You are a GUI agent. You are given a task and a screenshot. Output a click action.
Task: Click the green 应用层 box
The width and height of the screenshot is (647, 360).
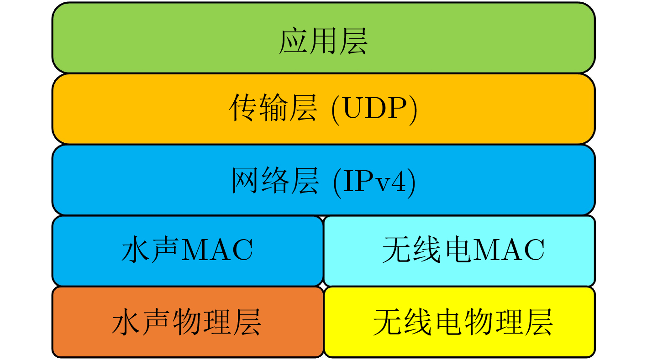click(x=323, y=37)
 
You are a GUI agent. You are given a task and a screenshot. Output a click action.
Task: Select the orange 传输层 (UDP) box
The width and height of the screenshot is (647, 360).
click(x=323, y=109)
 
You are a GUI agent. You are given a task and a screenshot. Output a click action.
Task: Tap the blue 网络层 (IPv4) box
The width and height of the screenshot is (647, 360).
click(x=323, y=180)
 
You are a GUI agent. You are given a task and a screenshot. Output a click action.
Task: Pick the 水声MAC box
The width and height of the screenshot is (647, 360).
click(x=188, y=251)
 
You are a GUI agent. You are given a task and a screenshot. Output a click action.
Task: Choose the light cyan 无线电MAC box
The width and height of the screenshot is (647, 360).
click(x=459, y=251)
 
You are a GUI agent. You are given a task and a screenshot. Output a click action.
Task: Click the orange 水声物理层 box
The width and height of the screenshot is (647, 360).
click(x=188, y=322)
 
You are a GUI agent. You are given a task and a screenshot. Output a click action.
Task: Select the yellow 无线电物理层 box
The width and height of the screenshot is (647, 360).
click(x=460, y=322)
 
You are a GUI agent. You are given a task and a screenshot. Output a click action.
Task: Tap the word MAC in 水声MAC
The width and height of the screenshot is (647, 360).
click(x=217, y=250)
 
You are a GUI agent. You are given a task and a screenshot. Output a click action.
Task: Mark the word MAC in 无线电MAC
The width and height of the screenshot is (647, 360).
click(x=508, y=250)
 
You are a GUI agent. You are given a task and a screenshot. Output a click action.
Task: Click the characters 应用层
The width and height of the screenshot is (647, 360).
click(x=323, y=41)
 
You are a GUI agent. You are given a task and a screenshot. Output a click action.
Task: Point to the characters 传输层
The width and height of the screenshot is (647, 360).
click(x=273, y=108)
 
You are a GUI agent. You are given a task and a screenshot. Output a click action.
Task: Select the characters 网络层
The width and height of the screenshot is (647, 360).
click(x=275, y=181)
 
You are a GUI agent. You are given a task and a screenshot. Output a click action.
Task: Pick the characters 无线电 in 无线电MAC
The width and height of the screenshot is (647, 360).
click(x=426, y=250)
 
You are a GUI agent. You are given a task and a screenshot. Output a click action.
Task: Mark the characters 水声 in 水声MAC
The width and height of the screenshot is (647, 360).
click(x=151, y=250)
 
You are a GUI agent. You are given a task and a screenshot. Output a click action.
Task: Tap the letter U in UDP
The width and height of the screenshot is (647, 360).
click(x=352, y=108)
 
